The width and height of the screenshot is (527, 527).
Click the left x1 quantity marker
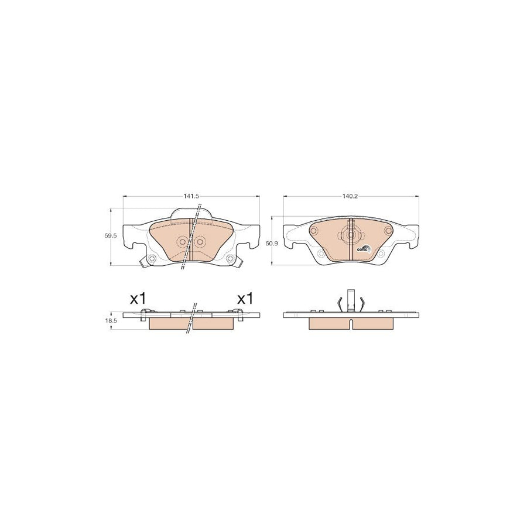(137, 299)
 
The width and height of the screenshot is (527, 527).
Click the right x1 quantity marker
(245, 299)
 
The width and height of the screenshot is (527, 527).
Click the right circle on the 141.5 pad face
(200, 242)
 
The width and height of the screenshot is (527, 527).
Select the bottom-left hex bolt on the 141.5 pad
(150, 261)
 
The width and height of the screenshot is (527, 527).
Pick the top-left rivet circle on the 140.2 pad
(314, 230)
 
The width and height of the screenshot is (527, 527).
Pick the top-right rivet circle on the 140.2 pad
(386, 230)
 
